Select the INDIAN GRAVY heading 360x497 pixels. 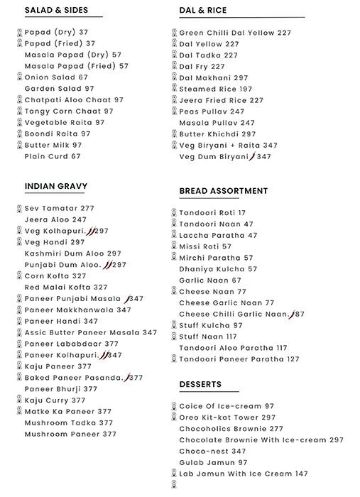click(x=56, y=187)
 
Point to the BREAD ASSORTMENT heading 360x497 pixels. click(x=224, y=191)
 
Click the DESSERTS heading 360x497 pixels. click(x=200, y=384)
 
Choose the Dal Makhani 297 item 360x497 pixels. click(x=213, y=77)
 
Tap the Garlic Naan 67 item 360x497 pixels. click(x=210, y=280)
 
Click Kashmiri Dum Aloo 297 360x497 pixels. click(x=73, y=253)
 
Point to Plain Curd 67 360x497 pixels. click(x=53, y=156)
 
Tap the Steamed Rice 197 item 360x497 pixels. click(x=215, y=89)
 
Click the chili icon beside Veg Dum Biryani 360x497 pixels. click(x=251, y=156)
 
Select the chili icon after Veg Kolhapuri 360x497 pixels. click(x=90, y=231)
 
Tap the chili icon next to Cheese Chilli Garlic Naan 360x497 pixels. click(x=291, y=314)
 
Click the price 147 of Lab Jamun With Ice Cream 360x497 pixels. click(x=302, y=474)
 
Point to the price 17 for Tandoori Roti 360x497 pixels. click(x=242, y=213)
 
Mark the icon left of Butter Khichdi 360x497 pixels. click(x=173, y=133)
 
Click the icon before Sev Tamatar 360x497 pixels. click(x=19, y=209)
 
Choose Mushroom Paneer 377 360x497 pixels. click(x=70, y=434)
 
